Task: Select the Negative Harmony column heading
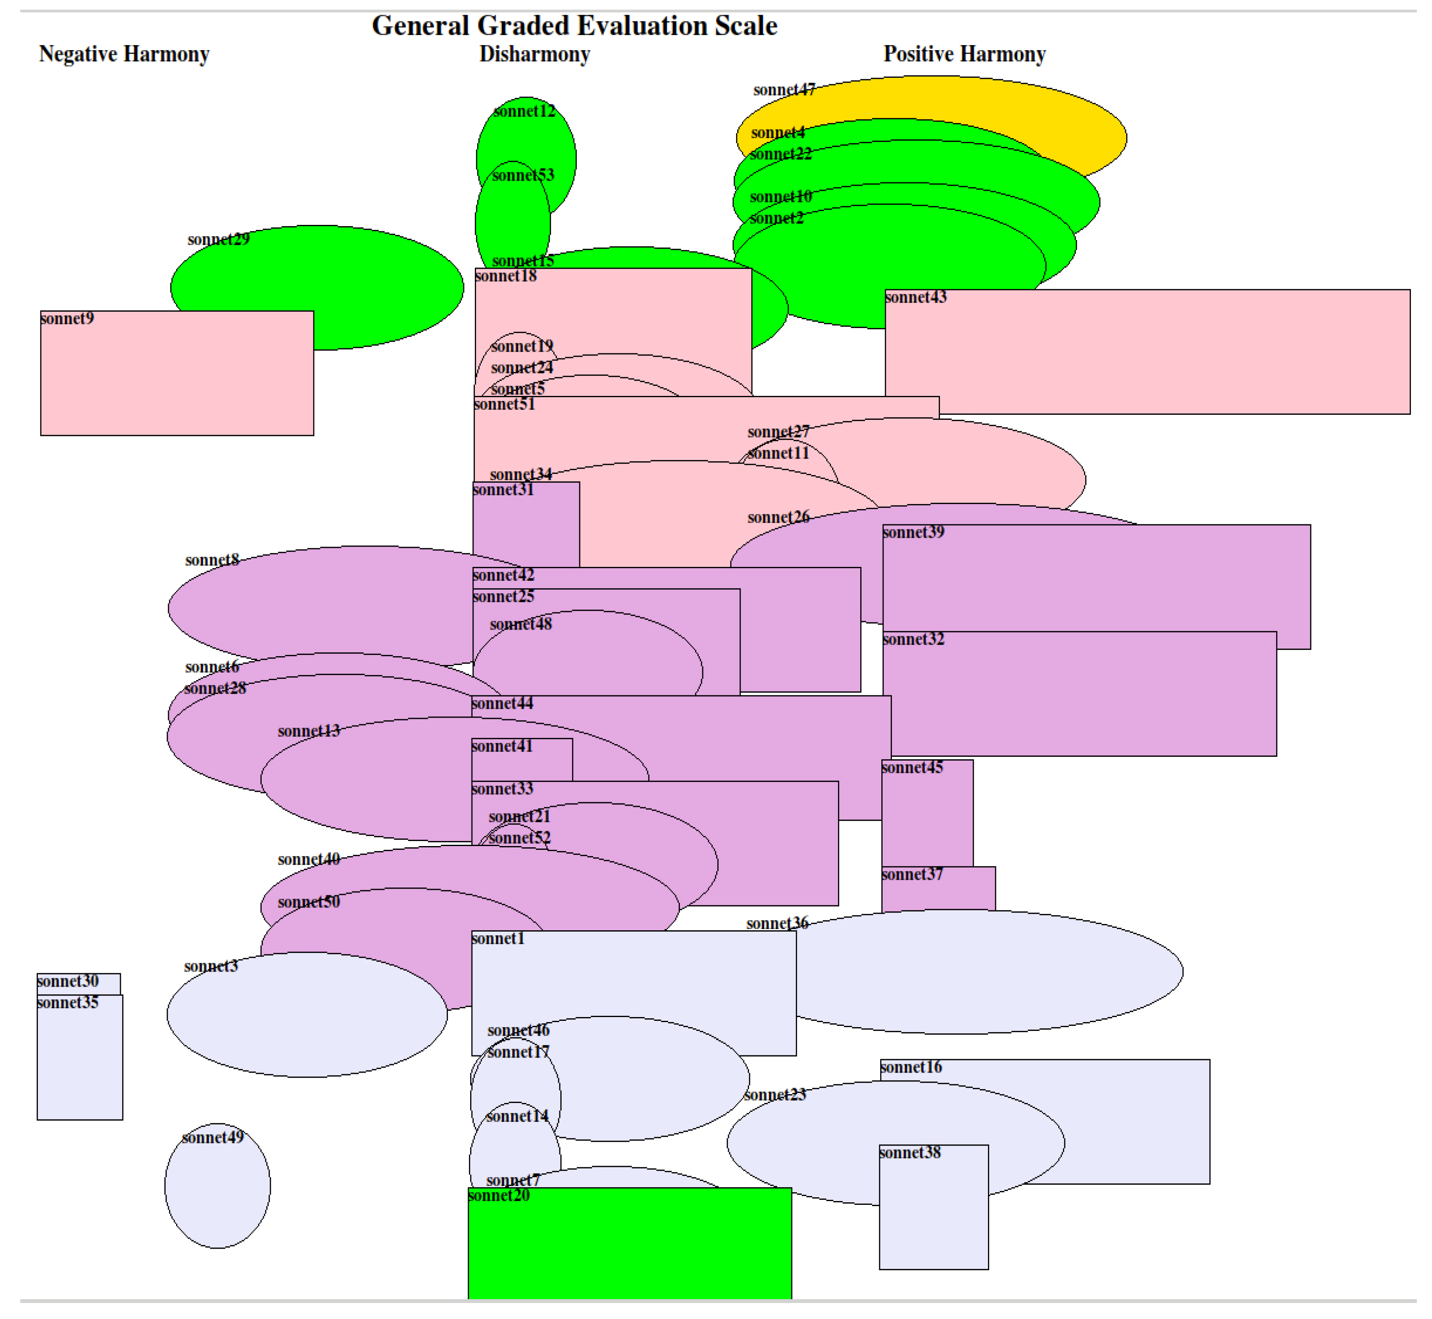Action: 124,54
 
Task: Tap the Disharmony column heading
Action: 535,54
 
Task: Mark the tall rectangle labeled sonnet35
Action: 80,1063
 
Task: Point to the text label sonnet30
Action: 68,981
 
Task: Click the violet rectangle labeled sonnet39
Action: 1142,578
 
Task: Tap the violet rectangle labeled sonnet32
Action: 1085,700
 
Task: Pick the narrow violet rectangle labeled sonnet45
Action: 926,821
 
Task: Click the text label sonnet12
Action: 524,111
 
